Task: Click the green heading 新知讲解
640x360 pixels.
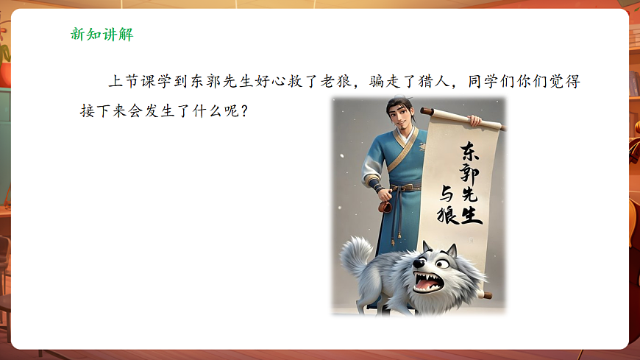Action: click(102, 35)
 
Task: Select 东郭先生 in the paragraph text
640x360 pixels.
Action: click(232, 81)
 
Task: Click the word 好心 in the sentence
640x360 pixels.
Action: click(287, 81)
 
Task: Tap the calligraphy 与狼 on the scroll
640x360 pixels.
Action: click(448, 205)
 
